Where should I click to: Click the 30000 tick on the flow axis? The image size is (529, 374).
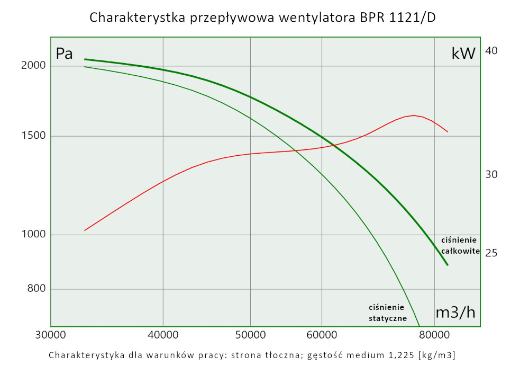50,335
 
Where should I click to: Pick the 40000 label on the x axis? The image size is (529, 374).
163,335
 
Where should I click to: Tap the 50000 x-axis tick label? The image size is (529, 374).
250,335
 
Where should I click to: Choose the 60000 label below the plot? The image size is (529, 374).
322,335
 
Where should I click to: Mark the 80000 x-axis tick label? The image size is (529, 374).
434,335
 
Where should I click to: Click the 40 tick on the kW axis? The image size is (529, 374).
491,51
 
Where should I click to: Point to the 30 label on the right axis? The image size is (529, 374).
491,174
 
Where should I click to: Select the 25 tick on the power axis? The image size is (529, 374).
491,253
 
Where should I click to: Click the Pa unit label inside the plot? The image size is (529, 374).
64,54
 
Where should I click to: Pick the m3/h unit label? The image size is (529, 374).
455,313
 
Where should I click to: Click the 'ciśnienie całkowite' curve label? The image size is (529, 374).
460,245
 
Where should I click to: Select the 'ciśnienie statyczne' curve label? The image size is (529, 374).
387,313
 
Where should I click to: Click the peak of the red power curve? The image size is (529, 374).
413,115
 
